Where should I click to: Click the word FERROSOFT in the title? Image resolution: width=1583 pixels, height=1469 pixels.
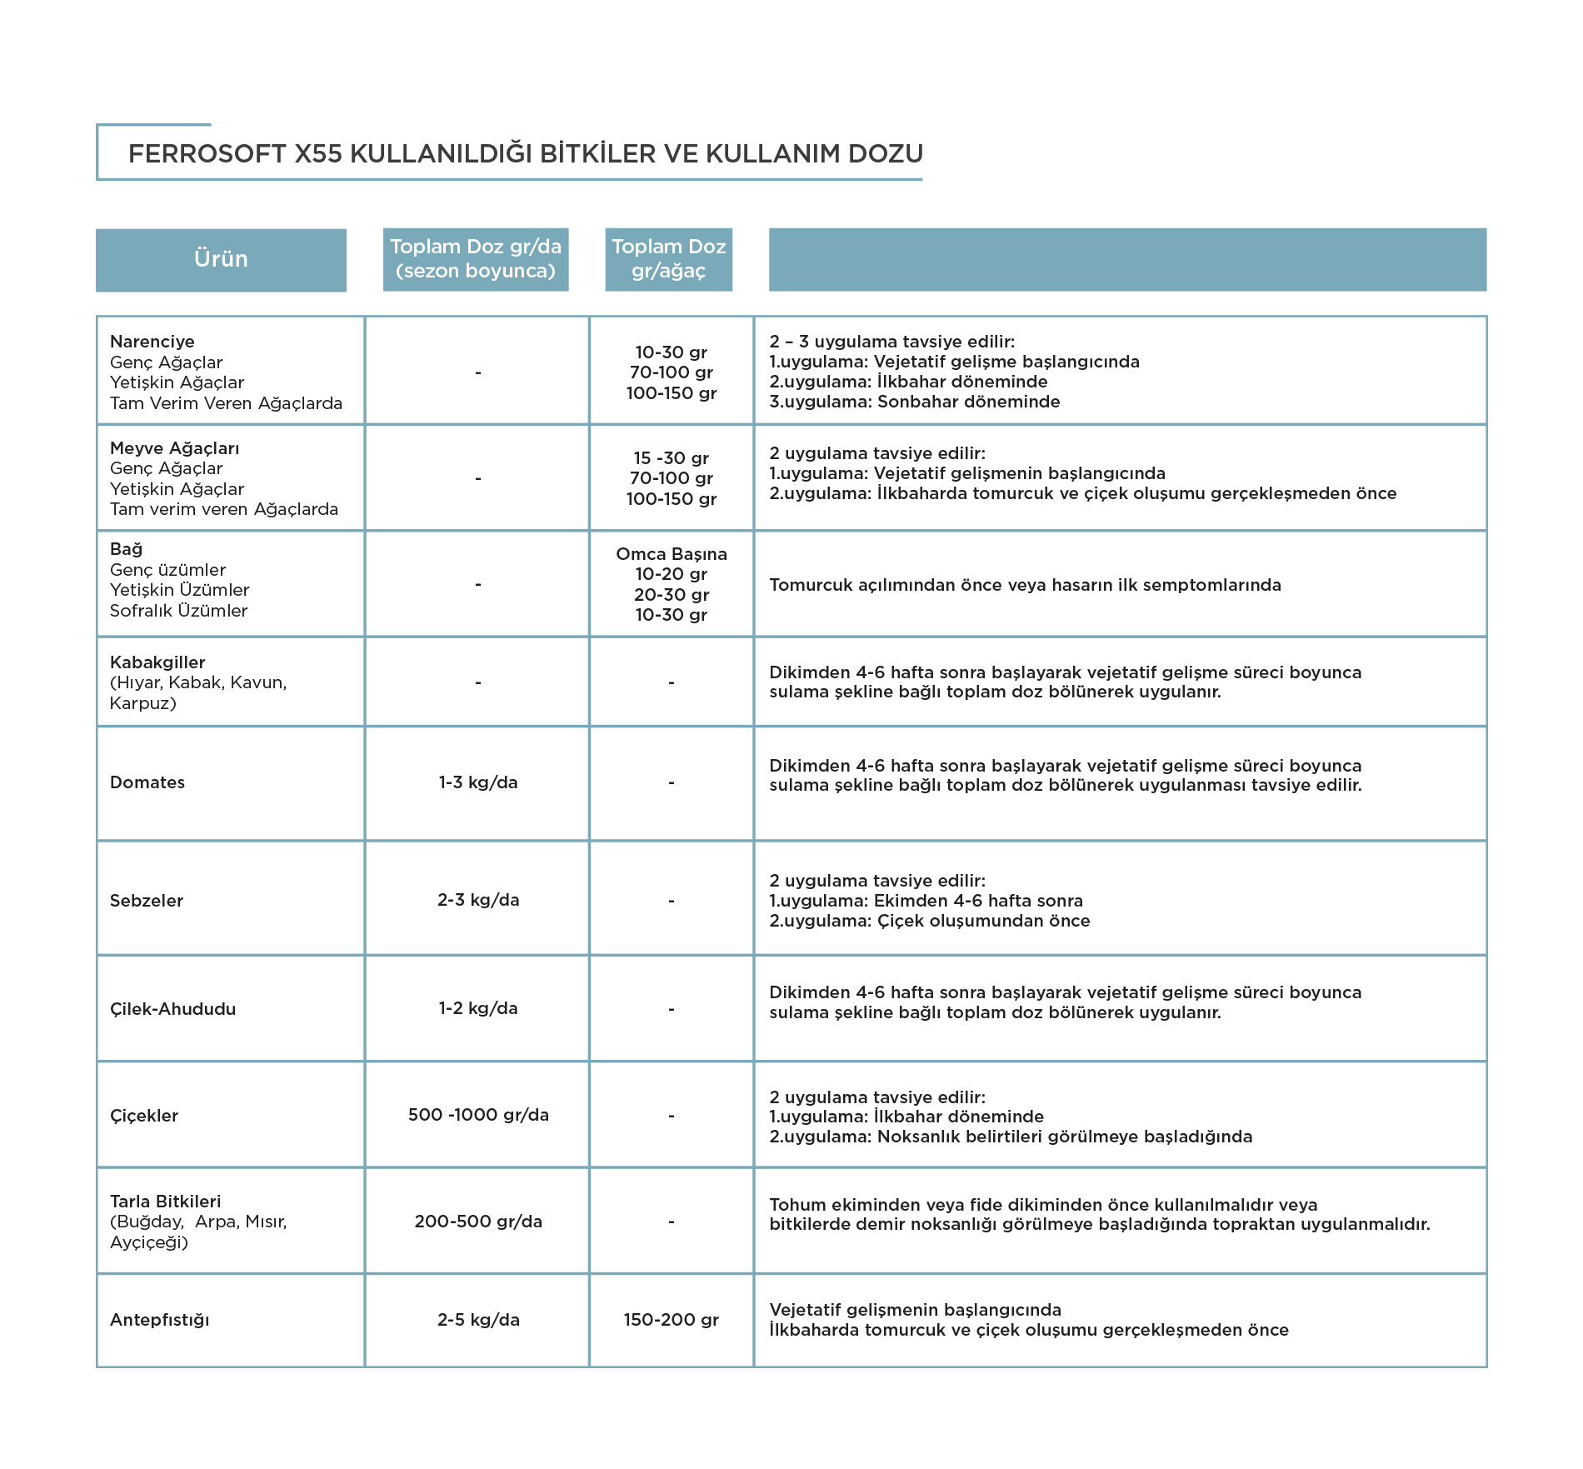[x=207, y=154]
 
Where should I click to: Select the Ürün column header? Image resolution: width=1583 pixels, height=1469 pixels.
[x=221, y=259]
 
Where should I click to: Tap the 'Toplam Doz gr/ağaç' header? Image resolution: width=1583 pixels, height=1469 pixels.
[x=669, y=259]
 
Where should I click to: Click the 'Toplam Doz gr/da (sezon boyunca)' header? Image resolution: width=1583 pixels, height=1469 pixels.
[x=476, y=259]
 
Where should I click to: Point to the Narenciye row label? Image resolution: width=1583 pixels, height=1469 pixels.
[x=152, y=342]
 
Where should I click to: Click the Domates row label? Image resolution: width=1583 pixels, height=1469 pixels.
[x=147, y=782]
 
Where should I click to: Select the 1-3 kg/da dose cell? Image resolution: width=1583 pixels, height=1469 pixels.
[x=478, y=782]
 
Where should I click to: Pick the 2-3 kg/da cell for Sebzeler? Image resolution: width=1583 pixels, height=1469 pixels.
[x=478, y=900]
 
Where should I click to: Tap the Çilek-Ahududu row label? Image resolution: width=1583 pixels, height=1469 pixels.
[x=173, y=1009]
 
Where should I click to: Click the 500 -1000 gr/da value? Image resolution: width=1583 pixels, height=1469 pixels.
[x=478, y=1115]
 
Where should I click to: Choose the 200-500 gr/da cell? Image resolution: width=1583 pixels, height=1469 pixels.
[x=478, y=1222]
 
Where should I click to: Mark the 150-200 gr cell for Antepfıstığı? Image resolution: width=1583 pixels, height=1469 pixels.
[x=672, y=1320]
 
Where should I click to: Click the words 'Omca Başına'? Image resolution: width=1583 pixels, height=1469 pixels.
[x=672, y=554]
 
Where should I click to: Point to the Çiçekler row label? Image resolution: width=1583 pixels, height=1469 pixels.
[x=144, y=1116]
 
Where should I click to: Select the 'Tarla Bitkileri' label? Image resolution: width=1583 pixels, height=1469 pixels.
[x=166, y=1202]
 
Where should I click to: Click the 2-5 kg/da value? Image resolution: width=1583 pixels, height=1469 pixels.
[x=478, y=1320]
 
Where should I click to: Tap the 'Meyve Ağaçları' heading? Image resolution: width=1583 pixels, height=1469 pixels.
[x=175, y=448]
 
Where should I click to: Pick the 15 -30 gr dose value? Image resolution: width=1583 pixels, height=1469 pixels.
[x=672, y=458]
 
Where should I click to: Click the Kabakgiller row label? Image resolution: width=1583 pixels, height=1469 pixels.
[x=157, y=662]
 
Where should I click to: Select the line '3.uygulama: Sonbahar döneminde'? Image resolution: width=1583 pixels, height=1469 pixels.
[x=915, y=402]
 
